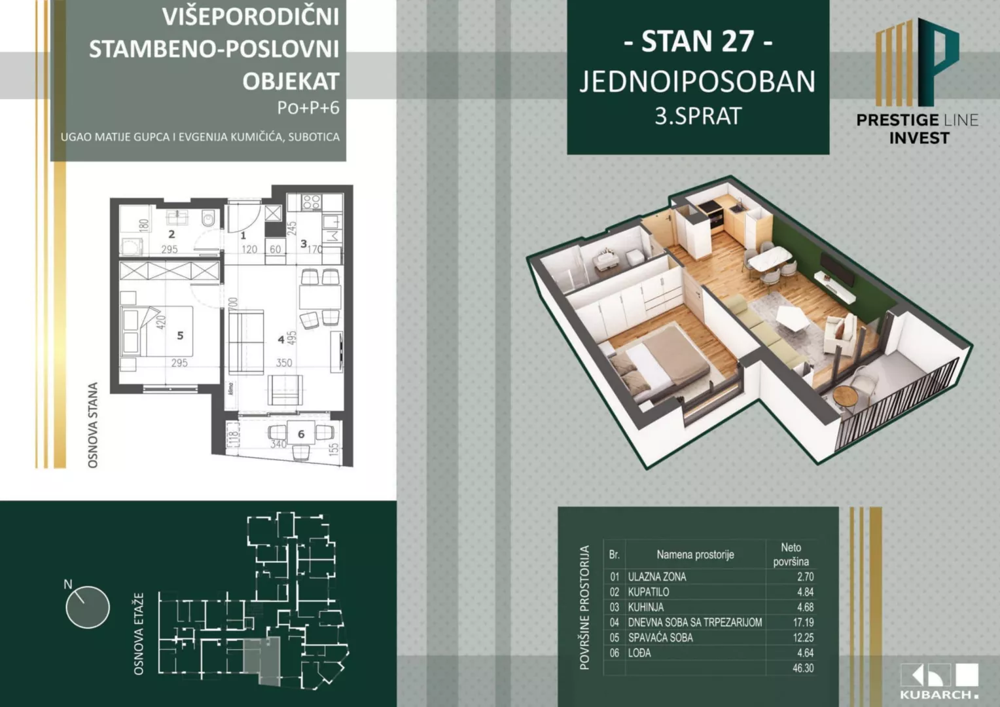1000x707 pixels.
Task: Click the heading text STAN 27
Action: pos(698,41)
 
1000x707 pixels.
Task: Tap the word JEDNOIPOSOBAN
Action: pos(698,82)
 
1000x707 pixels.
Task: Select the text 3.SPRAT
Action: pos(698,116)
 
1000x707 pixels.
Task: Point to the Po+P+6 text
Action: pos(308,108)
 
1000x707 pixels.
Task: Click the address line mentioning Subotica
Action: pos(200,137)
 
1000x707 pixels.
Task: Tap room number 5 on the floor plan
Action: pos(180,335)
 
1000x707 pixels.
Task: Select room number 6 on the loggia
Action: pos(301,434)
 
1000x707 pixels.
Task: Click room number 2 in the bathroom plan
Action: pos(171,234)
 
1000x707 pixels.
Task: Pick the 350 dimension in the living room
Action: pos(283,363)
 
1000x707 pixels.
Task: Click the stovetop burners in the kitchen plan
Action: pos(311,202)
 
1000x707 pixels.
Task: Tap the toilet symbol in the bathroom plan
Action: pos(209,218)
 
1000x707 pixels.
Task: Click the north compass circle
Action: pos(87,607)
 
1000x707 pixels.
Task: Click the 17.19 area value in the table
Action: pos(803,622)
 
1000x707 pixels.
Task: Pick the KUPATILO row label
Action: pos(648,592)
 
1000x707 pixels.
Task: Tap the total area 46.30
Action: pos(803,668)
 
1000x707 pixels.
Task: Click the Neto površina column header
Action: pos(791,554)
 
